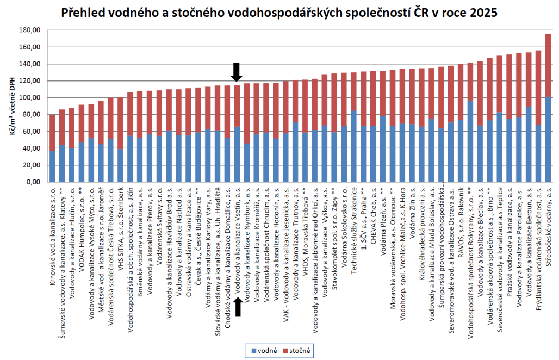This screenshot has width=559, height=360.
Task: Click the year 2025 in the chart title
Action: coord(483,12)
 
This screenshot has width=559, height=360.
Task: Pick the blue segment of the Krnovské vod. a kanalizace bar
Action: coord(52,166)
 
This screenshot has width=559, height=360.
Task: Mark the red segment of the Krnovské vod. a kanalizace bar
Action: coord(52,133)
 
